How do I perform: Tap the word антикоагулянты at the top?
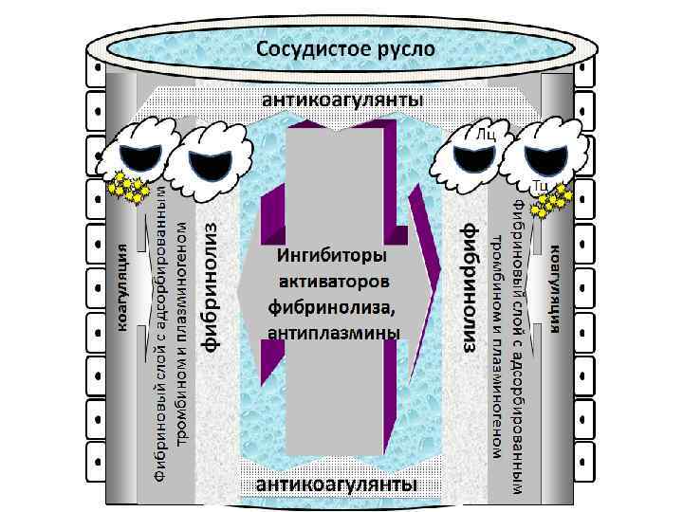tap(342, 100)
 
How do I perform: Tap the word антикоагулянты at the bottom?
tap(338, 485)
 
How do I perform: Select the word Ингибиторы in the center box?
tap(331, 256)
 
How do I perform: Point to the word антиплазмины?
tap(335, 332)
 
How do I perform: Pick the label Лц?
tap(486, 135)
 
